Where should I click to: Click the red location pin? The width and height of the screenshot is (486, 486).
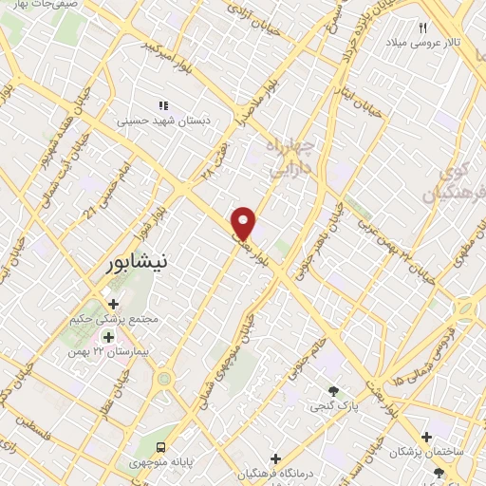[244, 222]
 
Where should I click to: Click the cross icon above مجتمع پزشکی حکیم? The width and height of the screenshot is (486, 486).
[114, 305]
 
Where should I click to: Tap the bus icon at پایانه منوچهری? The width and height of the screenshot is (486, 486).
[160, 446]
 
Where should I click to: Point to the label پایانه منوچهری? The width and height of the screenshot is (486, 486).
[160, 463]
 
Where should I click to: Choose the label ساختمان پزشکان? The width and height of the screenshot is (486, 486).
[432, 453]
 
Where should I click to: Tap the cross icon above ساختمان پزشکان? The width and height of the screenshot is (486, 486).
[426, 437]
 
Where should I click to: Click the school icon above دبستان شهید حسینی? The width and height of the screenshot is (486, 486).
[163, 105]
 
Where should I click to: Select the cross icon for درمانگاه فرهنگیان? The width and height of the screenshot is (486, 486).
[274, 458]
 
